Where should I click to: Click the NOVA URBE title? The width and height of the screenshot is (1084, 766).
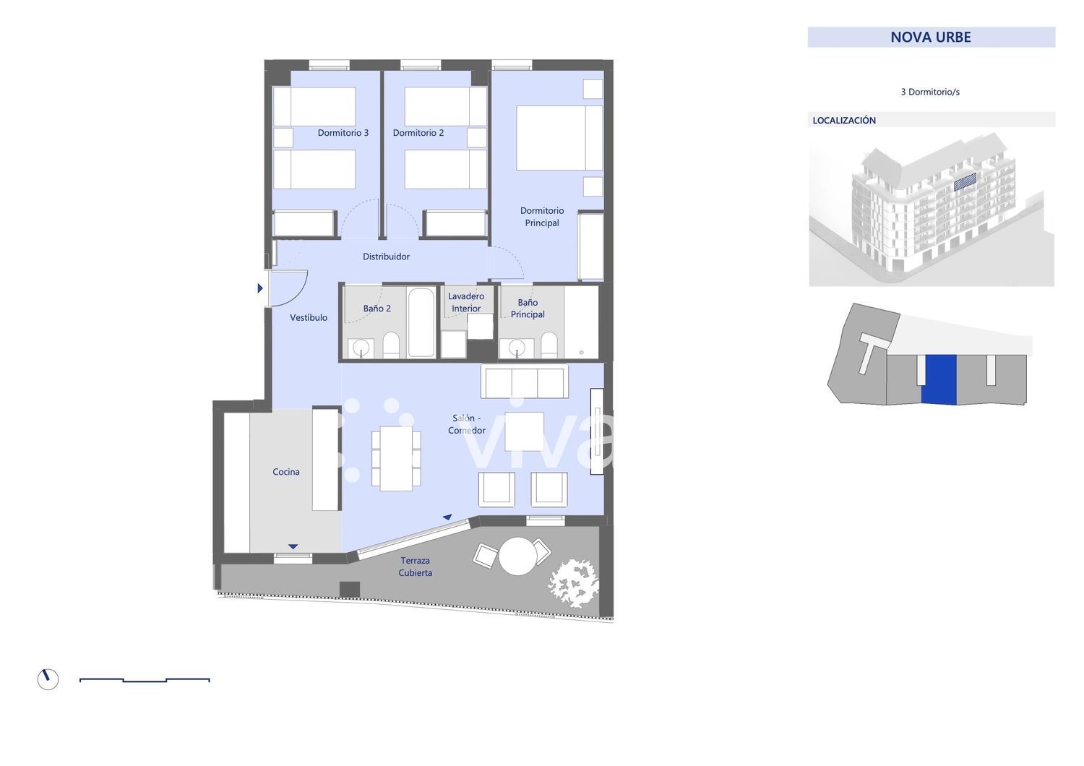(x=931, y=38)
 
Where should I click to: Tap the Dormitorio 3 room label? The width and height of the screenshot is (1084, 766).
(x=343, y=132)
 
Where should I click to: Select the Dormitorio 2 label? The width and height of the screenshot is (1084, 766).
(x=418, y=132)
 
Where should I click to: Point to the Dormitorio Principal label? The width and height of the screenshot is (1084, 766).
(x=542, y=217)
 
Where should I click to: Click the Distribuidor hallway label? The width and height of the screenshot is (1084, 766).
(x=386, y=257)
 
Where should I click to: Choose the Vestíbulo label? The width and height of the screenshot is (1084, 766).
(x=309, y=317)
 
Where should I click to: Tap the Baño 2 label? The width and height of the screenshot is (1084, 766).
(x=377, y=309)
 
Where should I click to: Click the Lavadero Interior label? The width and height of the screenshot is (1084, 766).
(x=466, y=303)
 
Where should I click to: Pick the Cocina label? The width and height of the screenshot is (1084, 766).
(x=286, y=472)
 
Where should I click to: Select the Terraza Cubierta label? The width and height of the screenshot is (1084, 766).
(x=416, y=567)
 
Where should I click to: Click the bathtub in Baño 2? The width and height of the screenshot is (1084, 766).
(x=421, y=323)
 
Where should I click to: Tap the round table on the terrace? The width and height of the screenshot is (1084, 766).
(x=517, y=556)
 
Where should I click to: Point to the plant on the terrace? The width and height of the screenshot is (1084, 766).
(x=573, y=583)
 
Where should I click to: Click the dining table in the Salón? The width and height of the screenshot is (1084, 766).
(x=396, y=457)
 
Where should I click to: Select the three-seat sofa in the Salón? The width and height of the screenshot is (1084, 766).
(x=524, y=382)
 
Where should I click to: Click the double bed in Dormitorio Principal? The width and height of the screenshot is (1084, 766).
(x=559, y=138)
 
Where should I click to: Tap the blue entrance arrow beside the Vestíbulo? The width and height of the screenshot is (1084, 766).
(x=260, y=288)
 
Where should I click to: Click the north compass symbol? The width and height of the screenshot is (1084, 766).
(x=48, y=679)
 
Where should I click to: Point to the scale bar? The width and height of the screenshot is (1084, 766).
(x=145, y=680)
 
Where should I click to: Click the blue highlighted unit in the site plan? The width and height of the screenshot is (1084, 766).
(x=938, y=379)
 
